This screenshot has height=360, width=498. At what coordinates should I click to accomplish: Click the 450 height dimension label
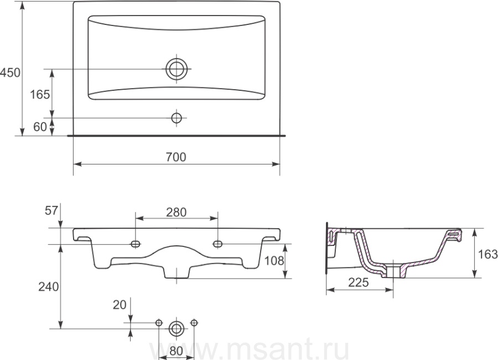tap(10, 73)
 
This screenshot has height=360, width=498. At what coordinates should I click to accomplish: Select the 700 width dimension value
tap(176, 157)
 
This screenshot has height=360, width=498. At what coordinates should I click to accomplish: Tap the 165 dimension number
tap(40, 95)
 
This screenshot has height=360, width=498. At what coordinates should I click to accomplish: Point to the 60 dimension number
tap(40, 127)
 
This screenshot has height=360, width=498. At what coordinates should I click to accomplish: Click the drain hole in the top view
tap(177, 69)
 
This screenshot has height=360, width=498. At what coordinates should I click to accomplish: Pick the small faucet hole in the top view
tap(177, 118)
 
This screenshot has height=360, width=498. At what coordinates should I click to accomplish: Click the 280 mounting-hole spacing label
tap(177, 213)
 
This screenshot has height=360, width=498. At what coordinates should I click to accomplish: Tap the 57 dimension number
tap(51, 210)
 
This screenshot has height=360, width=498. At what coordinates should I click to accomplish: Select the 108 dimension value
tap(274, 261)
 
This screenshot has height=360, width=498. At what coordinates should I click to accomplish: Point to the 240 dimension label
tap(49, 287)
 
